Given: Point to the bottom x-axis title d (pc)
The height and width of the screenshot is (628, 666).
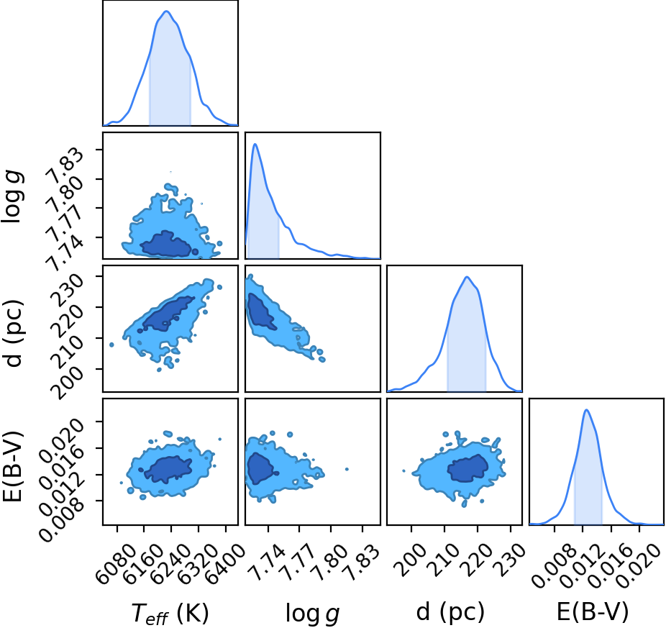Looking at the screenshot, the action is click(450, 612).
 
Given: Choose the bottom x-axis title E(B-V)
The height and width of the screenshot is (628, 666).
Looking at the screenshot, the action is click(593, 612).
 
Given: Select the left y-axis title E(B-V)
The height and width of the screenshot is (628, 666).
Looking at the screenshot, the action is click(12, 465).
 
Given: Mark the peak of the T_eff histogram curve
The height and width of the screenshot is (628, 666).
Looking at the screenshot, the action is click(167, 11).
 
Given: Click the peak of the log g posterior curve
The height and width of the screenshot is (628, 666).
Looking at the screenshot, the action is click(255, 144).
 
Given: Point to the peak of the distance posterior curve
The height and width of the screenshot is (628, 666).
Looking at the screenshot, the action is click(467, 277).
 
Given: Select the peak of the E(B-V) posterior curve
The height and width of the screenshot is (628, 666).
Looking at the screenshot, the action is click(587, 410).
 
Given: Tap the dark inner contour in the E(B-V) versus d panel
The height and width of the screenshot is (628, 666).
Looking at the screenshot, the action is click(467, 468).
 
